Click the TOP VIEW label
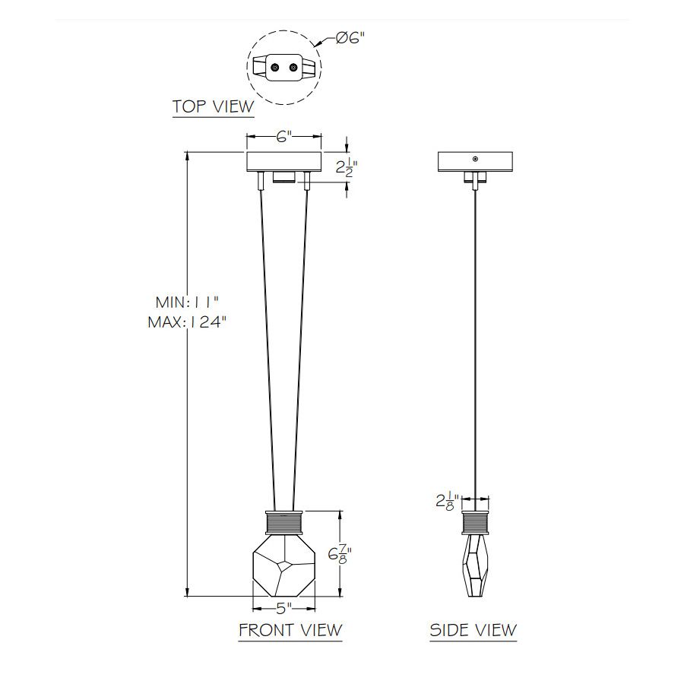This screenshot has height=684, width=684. point(213,106)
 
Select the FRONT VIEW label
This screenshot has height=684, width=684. point(290,630)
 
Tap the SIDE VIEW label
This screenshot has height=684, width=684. point(473,630)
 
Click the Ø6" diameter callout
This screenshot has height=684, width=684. point(350,39)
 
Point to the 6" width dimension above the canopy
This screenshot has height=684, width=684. point(283,137)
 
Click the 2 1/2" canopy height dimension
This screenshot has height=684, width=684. point(347,166)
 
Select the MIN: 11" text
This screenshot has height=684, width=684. point(187,302)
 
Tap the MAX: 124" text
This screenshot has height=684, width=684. point(187,322)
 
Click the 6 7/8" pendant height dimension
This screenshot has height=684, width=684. point(340,555)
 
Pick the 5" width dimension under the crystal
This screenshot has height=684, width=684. point(284,608)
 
